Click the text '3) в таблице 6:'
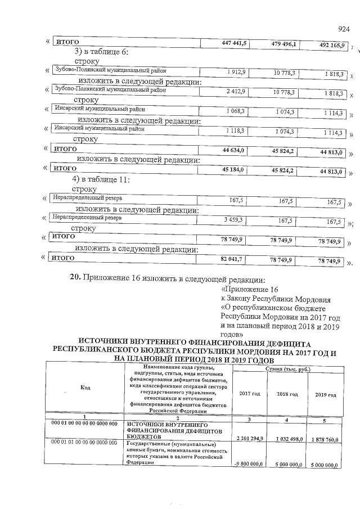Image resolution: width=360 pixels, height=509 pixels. (102, 51)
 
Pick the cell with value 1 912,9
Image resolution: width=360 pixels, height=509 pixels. (238, 73)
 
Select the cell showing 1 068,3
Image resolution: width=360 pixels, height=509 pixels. (237, 111)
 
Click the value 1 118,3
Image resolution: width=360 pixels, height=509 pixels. (237, 129)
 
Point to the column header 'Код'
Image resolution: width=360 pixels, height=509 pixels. (85, 388)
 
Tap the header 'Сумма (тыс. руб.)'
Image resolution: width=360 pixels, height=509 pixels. (287, 368)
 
